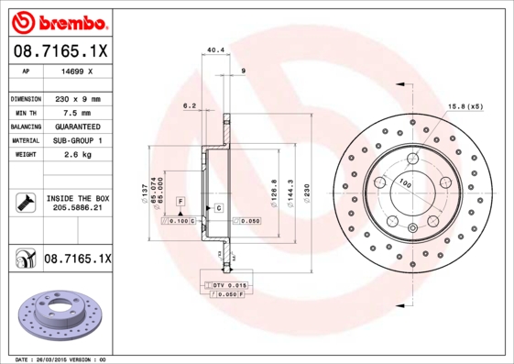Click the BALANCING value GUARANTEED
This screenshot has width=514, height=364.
[77, 126]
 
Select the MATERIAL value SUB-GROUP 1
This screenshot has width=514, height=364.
[77, 140]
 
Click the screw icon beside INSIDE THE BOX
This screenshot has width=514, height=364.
[23, 203]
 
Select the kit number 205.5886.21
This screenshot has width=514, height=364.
[77, 208]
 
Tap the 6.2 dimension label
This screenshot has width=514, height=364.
[191, 105]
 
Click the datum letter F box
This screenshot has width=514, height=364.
[180, 201]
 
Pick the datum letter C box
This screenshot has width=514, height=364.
[219, 209]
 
